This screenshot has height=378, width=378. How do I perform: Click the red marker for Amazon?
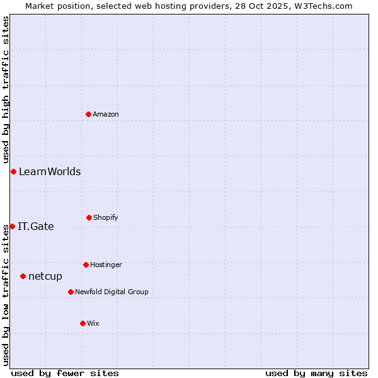pyautogui.click(x=89, y=114)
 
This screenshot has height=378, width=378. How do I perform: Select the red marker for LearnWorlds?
pyautogui.click(x=13, y=171)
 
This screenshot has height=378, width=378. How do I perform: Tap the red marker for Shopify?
pyautogui.click(x=89, y=217)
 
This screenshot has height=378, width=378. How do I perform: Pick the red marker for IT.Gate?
pyautogui.click(x=12, y=226)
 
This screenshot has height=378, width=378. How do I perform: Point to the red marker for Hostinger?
pyautogui.click(x=86, y=265)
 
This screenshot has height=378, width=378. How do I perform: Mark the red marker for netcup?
pyautogui.click(x=23, y=276)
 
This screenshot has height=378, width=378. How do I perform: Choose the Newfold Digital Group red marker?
pyautogui.click(x=71, y=292)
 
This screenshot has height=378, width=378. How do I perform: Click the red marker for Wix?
pyautogui.click(x=83, y=323)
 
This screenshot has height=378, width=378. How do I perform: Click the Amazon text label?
pyautogui.click(x=106, y=114)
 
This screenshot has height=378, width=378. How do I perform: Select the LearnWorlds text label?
pyautogui.click(x=50, y=171)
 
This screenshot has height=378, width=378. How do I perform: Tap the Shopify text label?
pyautogui.click(x=106, y=217)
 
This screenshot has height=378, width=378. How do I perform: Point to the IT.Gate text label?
pyautogui.click(x=36, y=226)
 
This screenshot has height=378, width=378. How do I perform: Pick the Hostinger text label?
pyautogui.click(x=106, y=265)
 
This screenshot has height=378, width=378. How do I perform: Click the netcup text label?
pyautogui.click(x=45, y=276)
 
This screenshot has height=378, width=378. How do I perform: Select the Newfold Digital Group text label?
pyautogui.click(x=112, y=292)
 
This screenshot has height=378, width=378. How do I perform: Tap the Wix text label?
pyautogui.click(x=93, y=323)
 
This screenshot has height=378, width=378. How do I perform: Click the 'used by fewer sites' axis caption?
pyautogui.click(x=65, y=373)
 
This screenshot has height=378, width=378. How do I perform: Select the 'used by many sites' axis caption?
pyautogui.click(x=316, y=373)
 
